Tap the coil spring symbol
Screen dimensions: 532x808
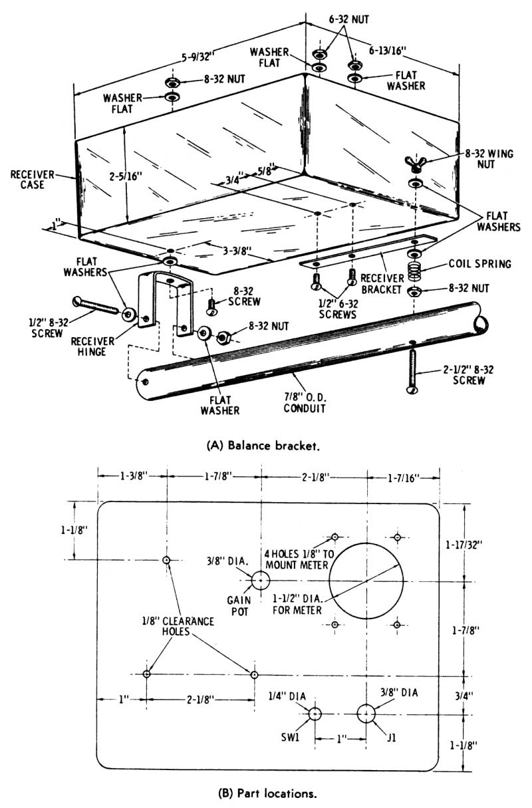414,270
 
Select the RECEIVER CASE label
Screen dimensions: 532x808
32,180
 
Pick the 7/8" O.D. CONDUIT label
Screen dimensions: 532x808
305,403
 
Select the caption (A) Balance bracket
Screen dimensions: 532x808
263,446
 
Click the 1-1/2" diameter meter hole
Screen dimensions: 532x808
366,581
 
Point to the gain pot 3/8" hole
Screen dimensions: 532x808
261,581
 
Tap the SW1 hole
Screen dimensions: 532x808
315,714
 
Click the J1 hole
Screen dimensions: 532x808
366,714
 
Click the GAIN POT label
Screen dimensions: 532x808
239,606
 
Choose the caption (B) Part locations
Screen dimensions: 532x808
267,793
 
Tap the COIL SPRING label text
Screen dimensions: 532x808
479,264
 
